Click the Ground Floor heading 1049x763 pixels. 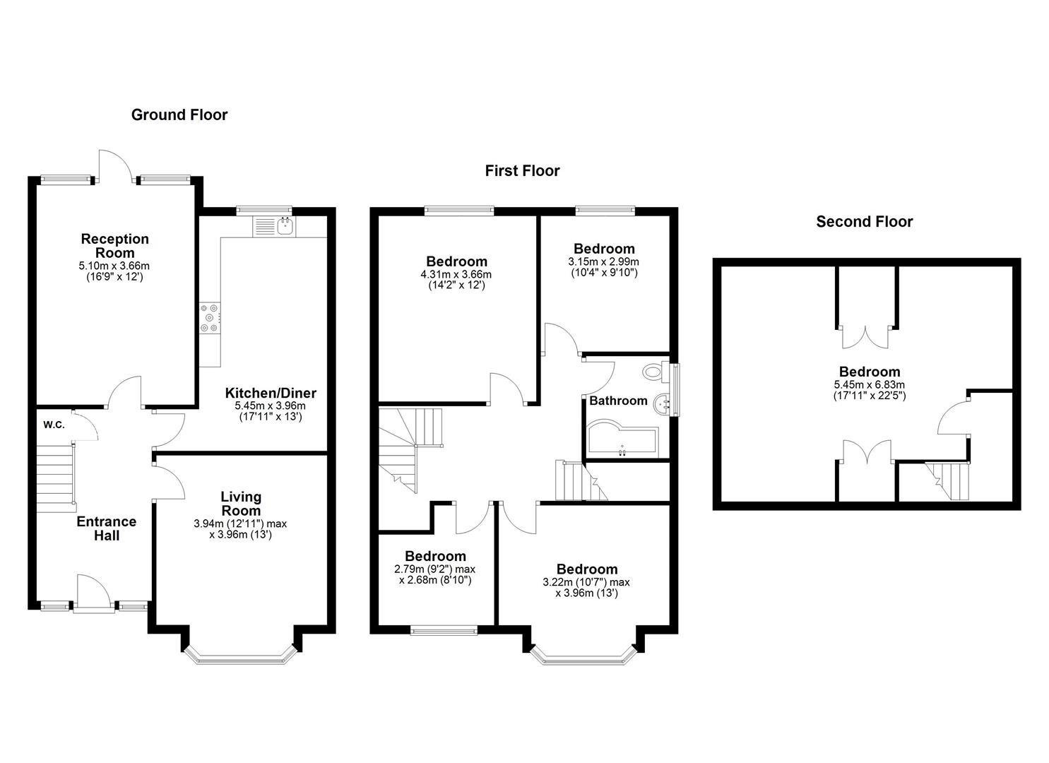(x=179, y=115)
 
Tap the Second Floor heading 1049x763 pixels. (x=864, y=222)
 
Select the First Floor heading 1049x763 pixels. (x=522, y=171)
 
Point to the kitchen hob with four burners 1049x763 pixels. (x=210, y=317)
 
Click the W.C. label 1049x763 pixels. (x=54, y=425)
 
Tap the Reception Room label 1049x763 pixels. (x=114, y=246)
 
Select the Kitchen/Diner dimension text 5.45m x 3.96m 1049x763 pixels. (x=270, y=406)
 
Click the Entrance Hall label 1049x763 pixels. (x=106, y=528)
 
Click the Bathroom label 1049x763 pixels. (x=618, y=401)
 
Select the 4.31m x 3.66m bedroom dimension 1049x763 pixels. (x=456, y=275)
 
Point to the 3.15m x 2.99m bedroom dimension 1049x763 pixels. (x=603, y=261)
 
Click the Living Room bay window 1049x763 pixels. (x=239, y=657)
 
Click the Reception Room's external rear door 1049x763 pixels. (x=115, y=167)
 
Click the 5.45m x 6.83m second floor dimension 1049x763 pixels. (x=869, y=385)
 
